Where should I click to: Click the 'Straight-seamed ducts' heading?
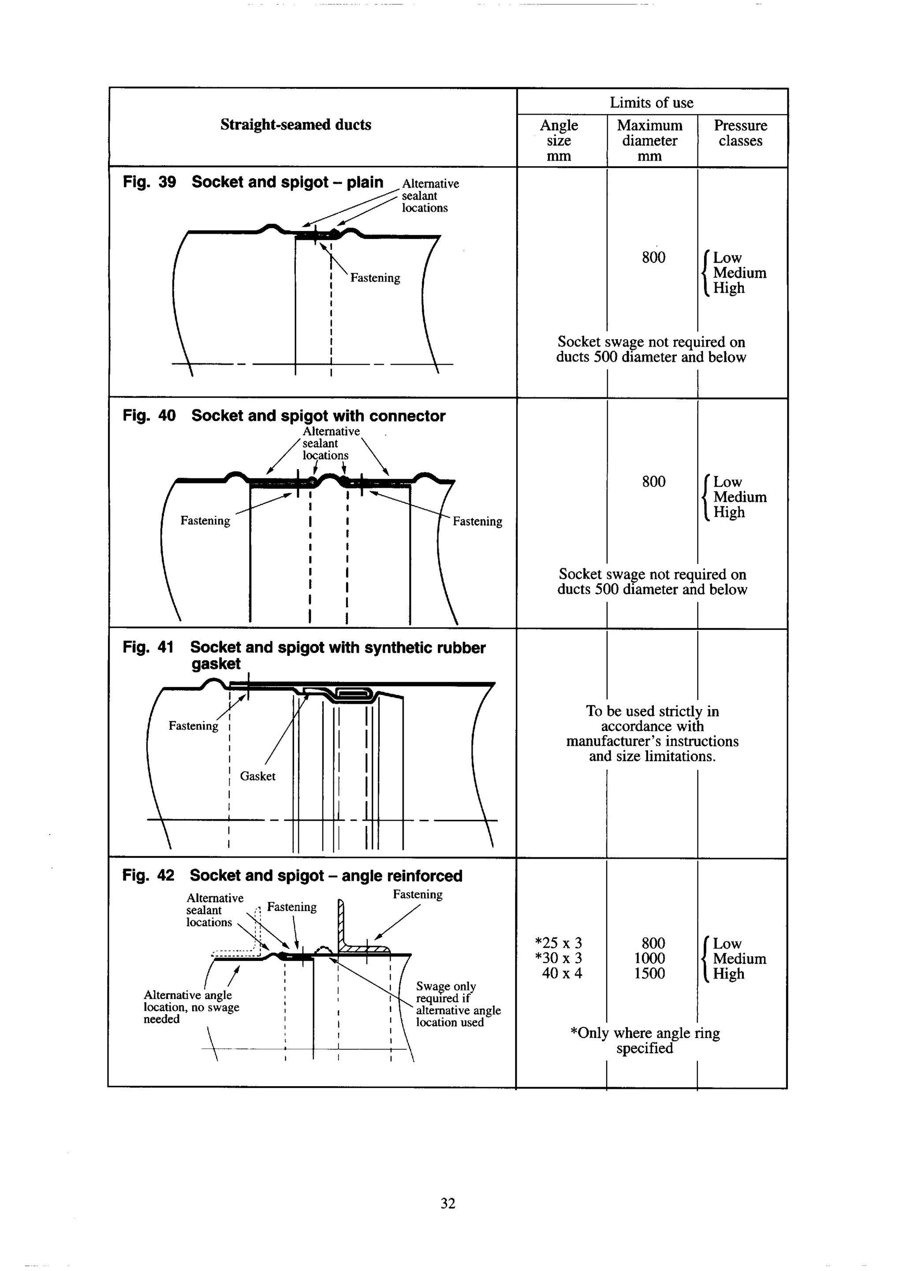click(295, 124)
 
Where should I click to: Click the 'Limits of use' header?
click(651, 103)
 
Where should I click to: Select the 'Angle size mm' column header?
click(559, 141)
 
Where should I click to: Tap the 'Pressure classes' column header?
click(740, 133)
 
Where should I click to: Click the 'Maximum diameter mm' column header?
click(649, 141)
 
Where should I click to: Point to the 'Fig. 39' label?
click(149, 183)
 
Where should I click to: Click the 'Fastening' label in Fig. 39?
click(375, 278)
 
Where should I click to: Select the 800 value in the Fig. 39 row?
click(653, 258)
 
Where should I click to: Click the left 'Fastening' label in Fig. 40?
click(205, 521)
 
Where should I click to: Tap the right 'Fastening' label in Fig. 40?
click(477, 522)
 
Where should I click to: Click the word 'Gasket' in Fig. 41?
click(257, 776)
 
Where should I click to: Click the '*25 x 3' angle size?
click(558, 943)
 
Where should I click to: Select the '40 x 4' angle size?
click(562, 973)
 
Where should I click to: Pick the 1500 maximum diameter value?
click(649, 973)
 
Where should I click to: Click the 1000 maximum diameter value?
click(649, 958)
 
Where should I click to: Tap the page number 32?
click(448, 1203)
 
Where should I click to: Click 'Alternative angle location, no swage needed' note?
click(191, 1007)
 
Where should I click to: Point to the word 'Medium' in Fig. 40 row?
click(739, 497)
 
